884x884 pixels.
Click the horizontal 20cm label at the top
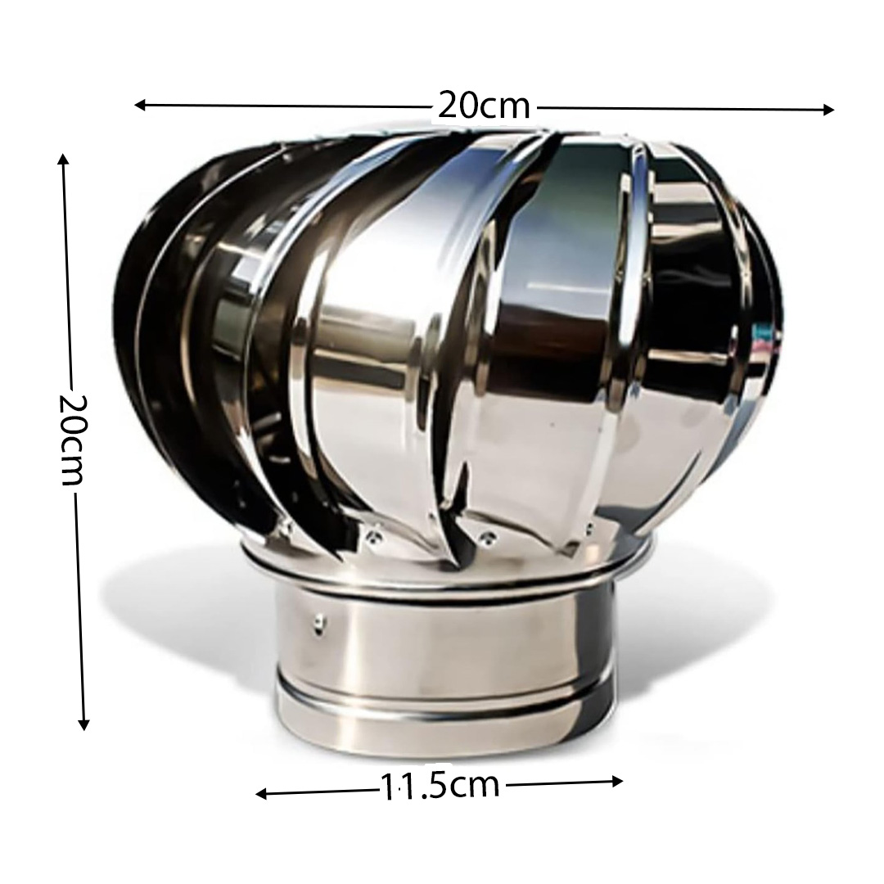tap(485, 106)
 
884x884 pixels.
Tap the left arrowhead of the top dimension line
tap(140, 105)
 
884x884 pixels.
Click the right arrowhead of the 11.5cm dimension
tap(617, 781)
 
